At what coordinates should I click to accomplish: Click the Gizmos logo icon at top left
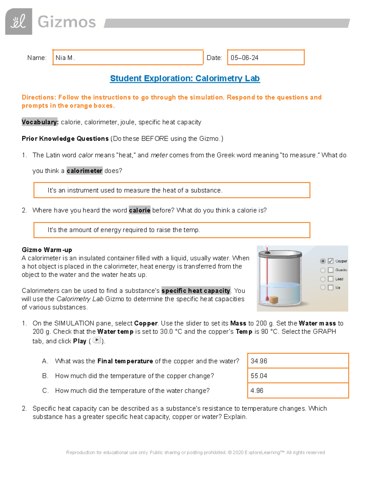coord(18,22)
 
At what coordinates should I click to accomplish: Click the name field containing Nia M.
coord(128,58)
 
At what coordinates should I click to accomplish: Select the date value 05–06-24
coord(244,58)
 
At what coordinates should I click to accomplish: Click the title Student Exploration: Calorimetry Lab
coord(185,78)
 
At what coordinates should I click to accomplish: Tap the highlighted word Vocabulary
coord(40,122)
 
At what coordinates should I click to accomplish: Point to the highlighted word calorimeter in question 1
coord(84,171)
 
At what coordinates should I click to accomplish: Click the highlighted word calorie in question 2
coord(139,210)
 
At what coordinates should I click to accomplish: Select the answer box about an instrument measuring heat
coord(171,190)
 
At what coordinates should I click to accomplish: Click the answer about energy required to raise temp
coord(171,230)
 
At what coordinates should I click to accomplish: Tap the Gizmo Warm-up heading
coord(47,250)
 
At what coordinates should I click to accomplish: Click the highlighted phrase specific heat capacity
coord(196,291)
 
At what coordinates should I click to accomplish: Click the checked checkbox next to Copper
coord(331,261)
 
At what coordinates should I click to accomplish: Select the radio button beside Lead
coord(323,279)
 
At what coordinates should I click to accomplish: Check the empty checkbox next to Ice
coord(331,287)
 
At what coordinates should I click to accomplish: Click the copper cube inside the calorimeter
coord(274,300)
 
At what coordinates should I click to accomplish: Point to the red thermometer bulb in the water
coord(267,298)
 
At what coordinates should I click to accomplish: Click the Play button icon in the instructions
coord(97,340)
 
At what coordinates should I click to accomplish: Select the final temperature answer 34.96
coord(298,361)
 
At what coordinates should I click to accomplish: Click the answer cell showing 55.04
coord(298,376)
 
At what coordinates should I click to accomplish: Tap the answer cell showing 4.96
coord(298,391)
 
